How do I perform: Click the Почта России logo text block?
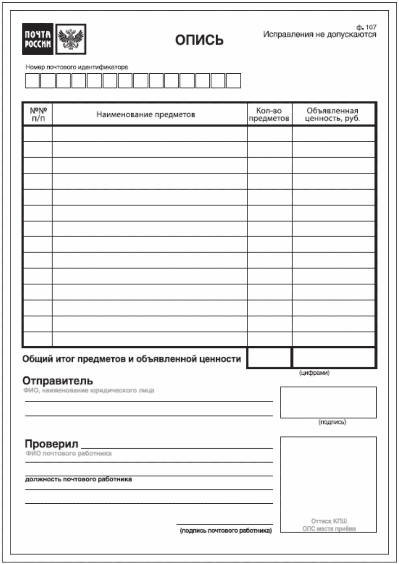(x=38, y=39)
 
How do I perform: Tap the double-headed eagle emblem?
(x=71, y=39)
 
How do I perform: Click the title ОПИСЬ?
(x=199, y=41)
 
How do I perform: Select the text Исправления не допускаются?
(x=320, y=35)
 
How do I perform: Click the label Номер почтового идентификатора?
(x=77, y=67)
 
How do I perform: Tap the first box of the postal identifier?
(x=32, y=81)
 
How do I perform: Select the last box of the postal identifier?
(x=233, y=81)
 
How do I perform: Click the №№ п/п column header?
(x=38, y=114)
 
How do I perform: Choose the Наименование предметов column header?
(x=146, y=114)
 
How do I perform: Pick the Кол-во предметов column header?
(x=269, y=114)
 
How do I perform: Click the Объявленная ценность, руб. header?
(x=333, y=114)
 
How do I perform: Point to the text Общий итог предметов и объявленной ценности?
(x=132, y=359)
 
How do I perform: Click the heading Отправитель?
(x=58, y=381)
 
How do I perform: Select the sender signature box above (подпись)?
(x=328, y=402)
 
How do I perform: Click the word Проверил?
(x=51, y=444)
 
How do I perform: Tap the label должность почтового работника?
(x=78, y=479)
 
